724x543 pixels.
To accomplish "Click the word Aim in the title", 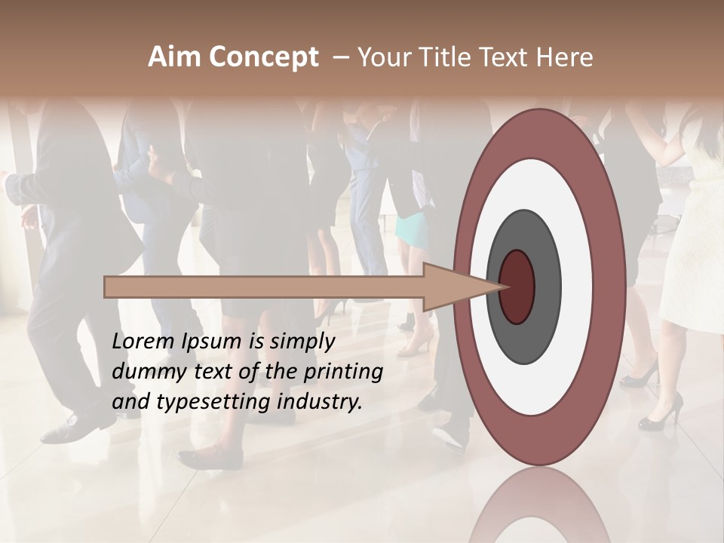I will [174, 57].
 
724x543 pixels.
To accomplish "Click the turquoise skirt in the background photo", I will [413, 229].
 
